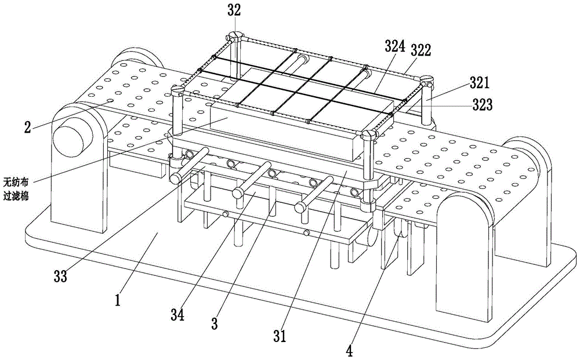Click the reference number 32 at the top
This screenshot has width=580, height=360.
click(234, 10)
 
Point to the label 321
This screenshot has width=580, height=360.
click(480, 83)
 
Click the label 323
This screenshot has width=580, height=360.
click(483, 106)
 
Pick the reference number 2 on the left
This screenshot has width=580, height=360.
click(28, 128)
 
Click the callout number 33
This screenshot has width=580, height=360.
click(60, 276)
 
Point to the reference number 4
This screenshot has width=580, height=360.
click(349, 350)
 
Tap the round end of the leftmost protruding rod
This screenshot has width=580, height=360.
click(175, 178)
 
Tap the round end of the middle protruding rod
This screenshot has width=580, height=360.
click(238, 192)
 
